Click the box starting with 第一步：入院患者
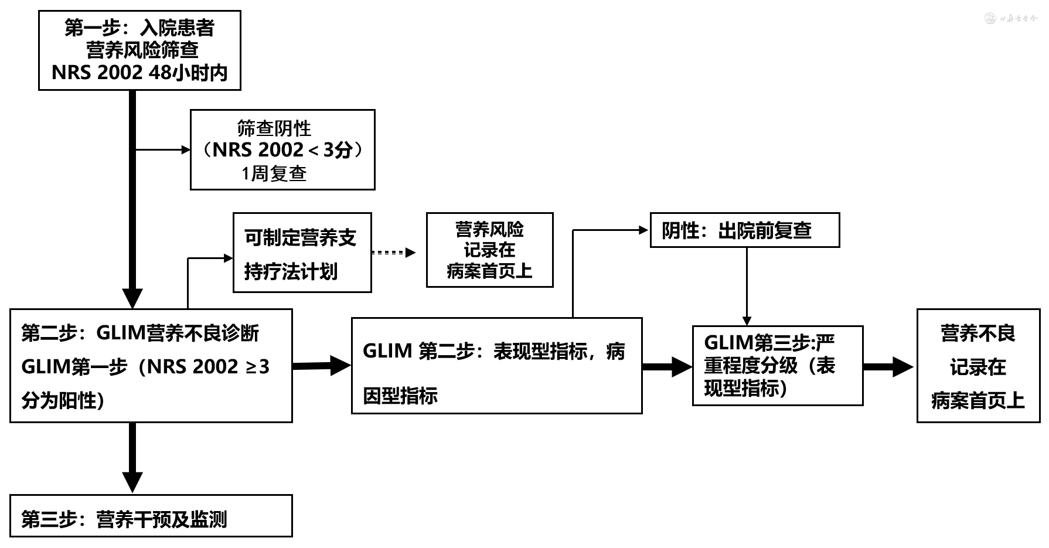coord(139,50)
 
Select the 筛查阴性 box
coord(282,149)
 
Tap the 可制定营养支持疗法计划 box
coord(302,253)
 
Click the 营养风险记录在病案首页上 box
coord(489,250)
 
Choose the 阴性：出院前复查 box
coord(744,230)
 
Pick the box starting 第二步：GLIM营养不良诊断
coord(151,366)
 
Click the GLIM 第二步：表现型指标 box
coord(496,366)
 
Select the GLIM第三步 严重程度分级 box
coord(777,366)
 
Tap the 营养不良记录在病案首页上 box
coord(978,366)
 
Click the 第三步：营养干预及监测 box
coord(151,516)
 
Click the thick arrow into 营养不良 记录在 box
coord(888,367)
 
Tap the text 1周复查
coord(274,173)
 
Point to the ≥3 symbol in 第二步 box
coord(257,367)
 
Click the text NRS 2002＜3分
coord(282,150)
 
